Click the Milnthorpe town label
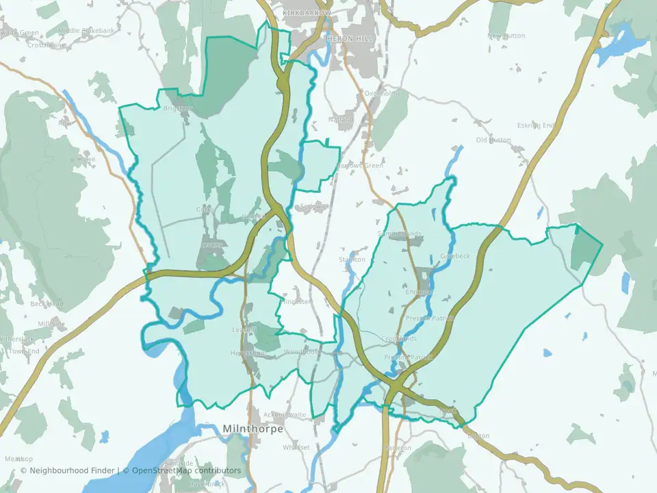click(250, 429)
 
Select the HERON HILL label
click(350, 39)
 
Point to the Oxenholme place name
click(382, 93)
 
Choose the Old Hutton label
click(493, 140)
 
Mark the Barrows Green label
click(363, 166)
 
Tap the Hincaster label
click(296, 301)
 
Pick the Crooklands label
click(399, 339)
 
